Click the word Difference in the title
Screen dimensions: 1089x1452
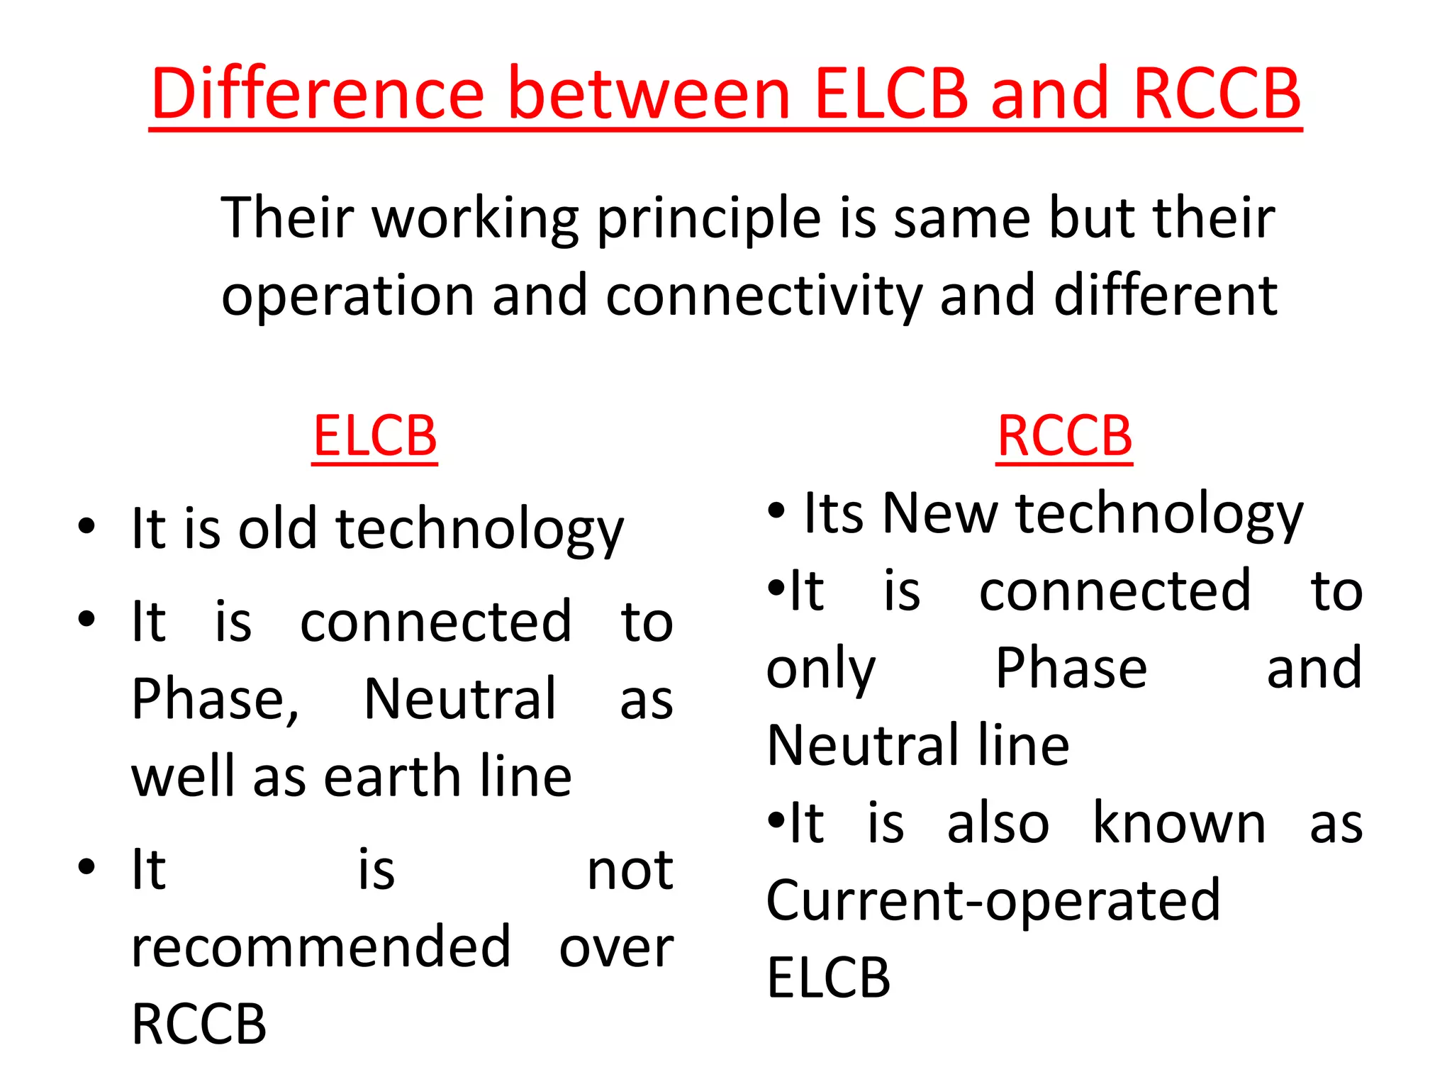pos(318,94)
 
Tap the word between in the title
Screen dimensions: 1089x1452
pos(649,94)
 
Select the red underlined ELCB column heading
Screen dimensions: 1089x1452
pos(375,435)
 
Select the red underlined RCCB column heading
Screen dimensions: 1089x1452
pos(1064,435)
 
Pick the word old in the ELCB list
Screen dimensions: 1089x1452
pos(277,529)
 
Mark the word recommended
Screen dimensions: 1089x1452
pos(321,947)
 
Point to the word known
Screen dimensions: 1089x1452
pos(1179,824)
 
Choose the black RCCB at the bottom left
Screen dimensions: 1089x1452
pos(199,1024)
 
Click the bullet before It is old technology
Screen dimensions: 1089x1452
pos(86,527)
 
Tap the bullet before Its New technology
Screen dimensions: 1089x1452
pos(777,510)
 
